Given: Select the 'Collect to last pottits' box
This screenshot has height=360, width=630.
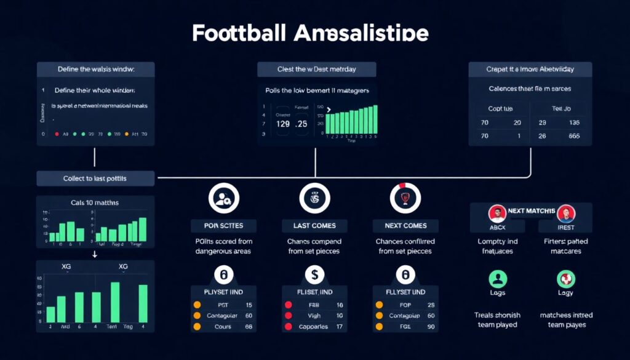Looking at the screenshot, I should coord(95,178).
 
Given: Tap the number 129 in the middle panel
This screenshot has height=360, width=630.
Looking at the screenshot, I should coord(283,123).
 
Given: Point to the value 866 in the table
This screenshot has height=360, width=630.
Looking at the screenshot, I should coord(574,137).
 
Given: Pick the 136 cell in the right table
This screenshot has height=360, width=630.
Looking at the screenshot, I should coord(574,122).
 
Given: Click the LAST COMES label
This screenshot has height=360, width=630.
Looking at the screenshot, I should coord(314,225).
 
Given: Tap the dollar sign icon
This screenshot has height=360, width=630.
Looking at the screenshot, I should coord(314,274).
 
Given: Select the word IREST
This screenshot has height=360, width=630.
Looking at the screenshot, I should coord(566,227).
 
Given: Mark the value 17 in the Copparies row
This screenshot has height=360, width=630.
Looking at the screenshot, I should coord(339,327).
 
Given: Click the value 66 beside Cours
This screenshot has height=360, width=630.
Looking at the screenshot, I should coord(249,327).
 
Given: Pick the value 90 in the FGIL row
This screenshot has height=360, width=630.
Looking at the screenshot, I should coord(430,327).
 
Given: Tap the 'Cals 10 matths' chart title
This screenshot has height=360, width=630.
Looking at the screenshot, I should coord(95,202).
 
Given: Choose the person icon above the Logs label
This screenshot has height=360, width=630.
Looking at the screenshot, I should coord(497,278).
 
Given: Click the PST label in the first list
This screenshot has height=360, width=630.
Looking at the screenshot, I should coord(223,305).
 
